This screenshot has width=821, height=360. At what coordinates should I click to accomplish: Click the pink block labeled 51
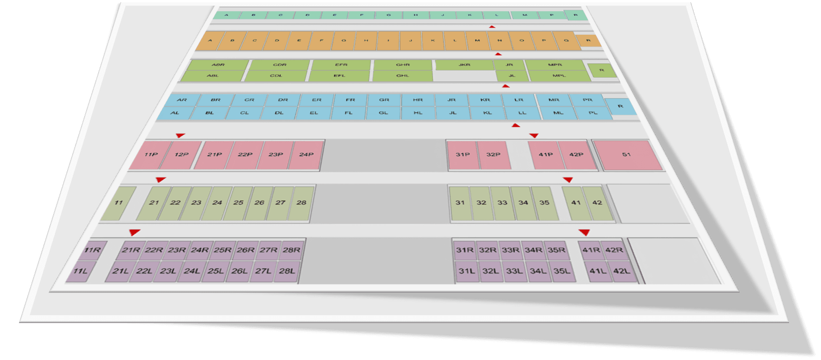click(x=627, y=155)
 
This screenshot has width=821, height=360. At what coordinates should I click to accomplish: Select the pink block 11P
click(x=151, y=155)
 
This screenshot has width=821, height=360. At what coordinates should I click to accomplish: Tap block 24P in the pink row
click(x=306, y=155)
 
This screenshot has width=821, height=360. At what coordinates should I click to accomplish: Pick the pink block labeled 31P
click(x=462, y=155)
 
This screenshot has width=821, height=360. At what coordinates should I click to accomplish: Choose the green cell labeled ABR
click(x=218, y=65)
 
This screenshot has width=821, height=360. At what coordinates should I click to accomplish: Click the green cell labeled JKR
click(x=464, y=65)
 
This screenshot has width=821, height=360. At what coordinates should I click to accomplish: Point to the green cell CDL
click(x=276, y=76)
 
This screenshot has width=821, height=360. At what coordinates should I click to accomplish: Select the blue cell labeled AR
click(x=182, y=100)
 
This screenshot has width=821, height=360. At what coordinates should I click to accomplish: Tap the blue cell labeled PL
click(x=593, y=113)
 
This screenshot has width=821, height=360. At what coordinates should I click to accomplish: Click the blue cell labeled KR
click(x=485, y=100)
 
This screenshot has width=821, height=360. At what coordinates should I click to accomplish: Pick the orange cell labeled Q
click(x=566, y=41)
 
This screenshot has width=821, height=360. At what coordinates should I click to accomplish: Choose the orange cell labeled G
click(x=344, y=41)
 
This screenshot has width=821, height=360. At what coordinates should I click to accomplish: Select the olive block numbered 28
click(x=301, y=203)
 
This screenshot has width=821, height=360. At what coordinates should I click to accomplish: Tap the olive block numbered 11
click(x=118, y=203)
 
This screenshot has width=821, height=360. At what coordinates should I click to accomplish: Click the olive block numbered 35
click(x=544, y=203)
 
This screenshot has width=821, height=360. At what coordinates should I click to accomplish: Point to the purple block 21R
click(x=131, y=250)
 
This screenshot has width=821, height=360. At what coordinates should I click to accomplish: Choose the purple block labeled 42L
click(x=622, y=271)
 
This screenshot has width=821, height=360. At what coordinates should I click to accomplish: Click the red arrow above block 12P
click(x=180, y=135)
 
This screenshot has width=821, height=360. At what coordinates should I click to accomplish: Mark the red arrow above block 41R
click(x=585, y=232)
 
